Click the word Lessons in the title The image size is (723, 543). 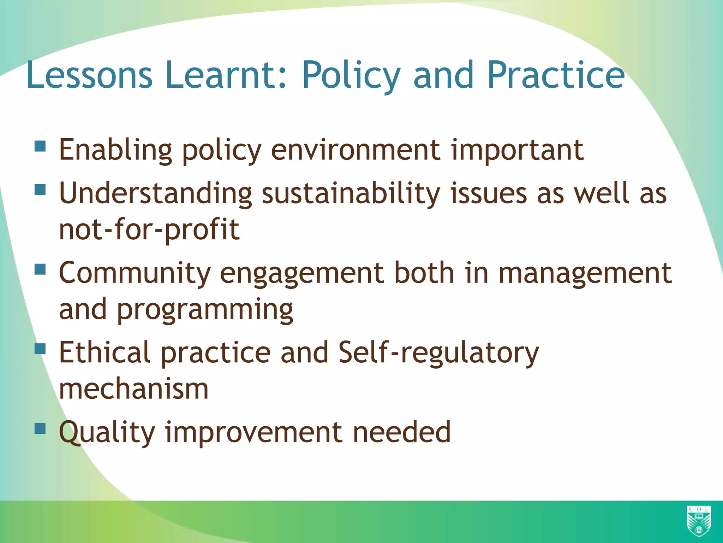(89, 75)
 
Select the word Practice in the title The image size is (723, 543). (556, 75)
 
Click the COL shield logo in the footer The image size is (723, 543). (699, 520)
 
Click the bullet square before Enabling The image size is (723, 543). (41, 146)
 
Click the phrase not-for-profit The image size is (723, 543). (149, 230)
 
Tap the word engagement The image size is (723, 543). (302, 274)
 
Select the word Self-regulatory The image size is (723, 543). (438, 353)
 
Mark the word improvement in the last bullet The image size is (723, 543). (253, 432)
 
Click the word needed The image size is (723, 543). (402, 432)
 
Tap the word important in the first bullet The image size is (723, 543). (517, 150)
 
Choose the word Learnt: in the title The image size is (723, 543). (226, 75)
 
